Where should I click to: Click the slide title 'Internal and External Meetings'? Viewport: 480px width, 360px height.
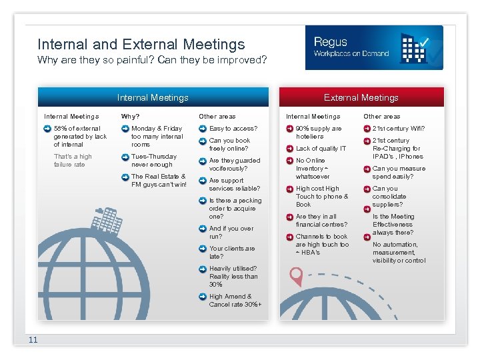(141, 45)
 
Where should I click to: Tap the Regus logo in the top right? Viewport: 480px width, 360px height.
(373, 47)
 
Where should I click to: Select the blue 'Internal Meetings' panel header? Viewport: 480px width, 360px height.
(153, 97)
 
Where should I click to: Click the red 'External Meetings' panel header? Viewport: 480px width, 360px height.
(361, 97)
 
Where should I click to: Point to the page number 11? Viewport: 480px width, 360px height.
(33, 341)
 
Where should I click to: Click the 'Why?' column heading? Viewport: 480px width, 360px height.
(131, 117)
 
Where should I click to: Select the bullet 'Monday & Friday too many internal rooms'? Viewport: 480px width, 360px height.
(157, 136)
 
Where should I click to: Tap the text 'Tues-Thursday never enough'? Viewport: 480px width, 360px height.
(154, 160)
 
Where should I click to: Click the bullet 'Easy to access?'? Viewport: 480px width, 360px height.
(233, 128)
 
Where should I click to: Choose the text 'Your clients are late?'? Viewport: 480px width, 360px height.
(232, 252)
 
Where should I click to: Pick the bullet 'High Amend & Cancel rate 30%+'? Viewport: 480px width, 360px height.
(235, 300)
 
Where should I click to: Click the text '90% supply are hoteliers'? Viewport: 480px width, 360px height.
(319, 132)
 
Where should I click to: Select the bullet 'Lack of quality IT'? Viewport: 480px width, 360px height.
(321, 149)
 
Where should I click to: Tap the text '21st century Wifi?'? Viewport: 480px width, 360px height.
(399, 128)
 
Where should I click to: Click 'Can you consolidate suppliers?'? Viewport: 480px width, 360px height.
(389, 196)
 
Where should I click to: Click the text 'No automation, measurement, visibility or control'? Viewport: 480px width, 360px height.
(399, 252)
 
